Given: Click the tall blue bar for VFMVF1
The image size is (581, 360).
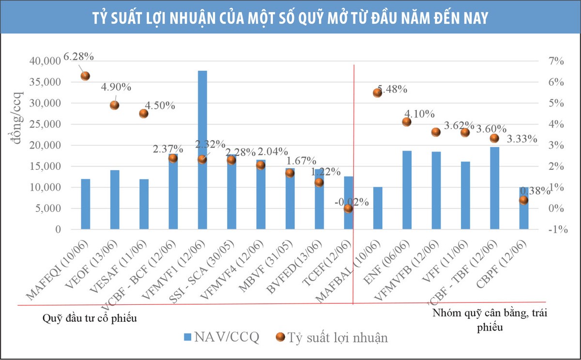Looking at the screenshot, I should coord(202,150).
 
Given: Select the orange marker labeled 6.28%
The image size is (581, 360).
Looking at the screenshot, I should coord(85,76).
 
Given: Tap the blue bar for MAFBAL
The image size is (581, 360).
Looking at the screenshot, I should coord(378,208).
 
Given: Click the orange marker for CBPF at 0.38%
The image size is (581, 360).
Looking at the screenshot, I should coord(523,200).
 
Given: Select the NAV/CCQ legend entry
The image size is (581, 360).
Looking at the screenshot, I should coord(221,337).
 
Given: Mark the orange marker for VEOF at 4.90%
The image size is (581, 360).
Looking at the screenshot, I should coord(114,105).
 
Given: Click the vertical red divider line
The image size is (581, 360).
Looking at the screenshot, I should coord(354,184).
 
